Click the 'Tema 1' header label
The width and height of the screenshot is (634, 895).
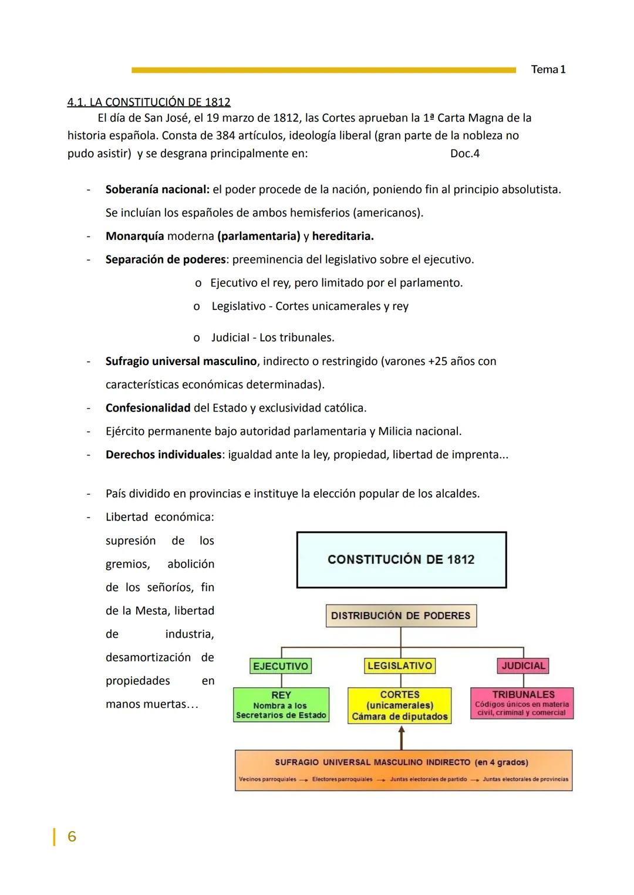coord(548,69)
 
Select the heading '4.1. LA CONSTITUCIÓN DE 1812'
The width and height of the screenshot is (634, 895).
coord(149,102)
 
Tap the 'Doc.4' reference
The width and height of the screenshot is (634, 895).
coord(464,154)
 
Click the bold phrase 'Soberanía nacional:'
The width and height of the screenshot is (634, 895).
coord(157,190)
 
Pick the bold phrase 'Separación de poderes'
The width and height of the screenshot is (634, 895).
coord(166,259)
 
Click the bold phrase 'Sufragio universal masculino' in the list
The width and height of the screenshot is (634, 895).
coord(181,361)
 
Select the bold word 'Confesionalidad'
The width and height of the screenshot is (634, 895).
coord(148,408)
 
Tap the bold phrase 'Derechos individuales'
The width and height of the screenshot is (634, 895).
coord(163,455)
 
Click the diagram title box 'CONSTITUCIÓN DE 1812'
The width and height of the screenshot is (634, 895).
coord(401,560)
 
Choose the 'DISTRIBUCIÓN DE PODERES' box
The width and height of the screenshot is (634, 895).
coord(401,616)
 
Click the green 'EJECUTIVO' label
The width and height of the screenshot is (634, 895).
coord(281,666)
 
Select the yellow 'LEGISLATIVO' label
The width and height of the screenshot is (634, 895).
coord(400,666)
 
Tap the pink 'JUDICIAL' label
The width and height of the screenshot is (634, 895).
coord(523,666)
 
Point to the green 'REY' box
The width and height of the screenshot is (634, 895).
coord(281,705)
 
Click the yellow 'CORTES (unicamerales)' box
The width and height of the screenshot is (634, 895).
coord(400,705)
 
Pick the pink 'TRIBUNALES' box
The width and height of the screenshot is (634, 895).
coord(522,703)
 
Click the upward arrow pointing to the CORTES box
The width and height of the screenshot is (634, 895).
coord(401,737)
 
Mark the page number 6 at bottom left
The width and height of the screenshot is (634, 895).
coord(72,836)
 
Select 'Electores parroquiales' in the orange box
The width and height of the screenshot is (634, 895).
coord(342,779)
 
